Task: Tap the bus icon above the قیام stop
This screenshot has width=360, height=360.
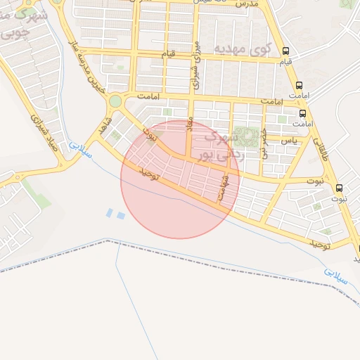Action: click(285, 51)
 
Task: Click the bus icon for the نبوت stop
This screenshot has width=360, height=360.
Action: click(340, 188)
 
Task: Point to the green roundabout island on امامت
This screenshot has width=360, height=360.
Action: click(115, 101)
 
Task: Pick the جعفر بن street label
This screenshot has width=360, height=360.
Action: click(264, 143)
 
